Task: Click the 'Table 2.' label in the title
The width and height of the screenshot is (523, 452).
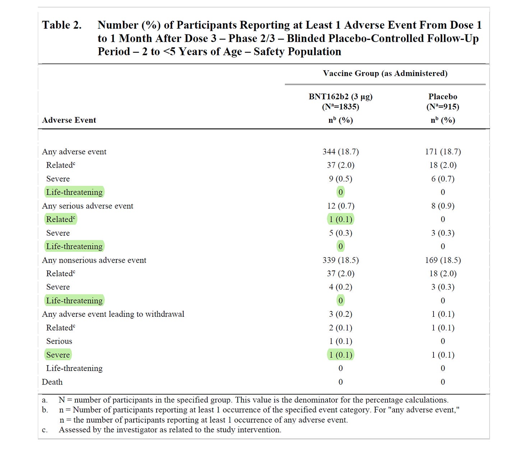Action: tap(62, 25)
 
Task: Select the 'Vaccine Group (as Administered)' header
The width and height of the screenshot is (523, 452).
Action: tap(385, 74)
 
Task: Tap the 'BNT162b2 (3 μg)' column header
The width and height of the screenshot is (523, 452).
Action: tap(341, 96)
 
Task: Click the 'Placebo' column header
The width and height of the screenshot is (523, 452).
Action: tap(443, 96)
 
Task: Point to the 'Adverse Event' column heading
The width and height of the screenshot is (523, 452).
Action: tap(69, 120)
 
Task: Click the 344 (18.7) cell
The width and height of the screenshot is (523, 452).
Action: tap(341, 152)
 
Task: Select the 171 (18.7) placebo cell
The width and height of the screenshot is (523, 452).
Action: tap(443, 152)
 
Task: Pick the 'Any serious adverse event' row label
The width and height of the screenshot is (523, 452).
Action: tap(87, 206)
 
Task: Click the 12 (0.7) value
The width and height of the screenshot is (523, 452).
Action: tap(341, 206)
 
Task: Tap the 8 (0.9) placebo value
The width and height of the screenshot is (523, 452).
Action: tap(443, 206)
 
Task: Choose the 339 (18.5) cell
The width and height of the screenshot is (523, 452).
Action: tap(341, 260)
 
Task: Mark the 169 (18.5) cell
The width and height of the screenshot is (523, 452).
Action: tap(443, 260)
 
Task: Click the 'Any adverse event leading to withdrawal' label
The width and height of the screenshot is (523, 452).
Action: tap(113, 314)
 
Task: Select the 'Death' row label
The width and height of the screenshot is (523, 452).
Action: tap(52, 382)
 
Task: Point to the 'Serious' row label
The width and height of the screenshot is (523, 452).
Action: tap(59, 341)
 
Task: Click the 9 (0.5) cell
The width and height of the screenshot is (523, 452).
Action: tap(341, 179)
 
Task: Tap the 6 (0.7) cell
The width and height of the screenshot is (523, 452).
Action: tap(443, 179)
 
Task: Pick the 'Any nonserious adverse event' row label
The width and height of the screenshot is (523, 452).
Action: tap(94, 260)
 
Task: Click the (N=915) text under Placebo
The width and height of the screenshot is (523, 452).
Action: tap(443, 107)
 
